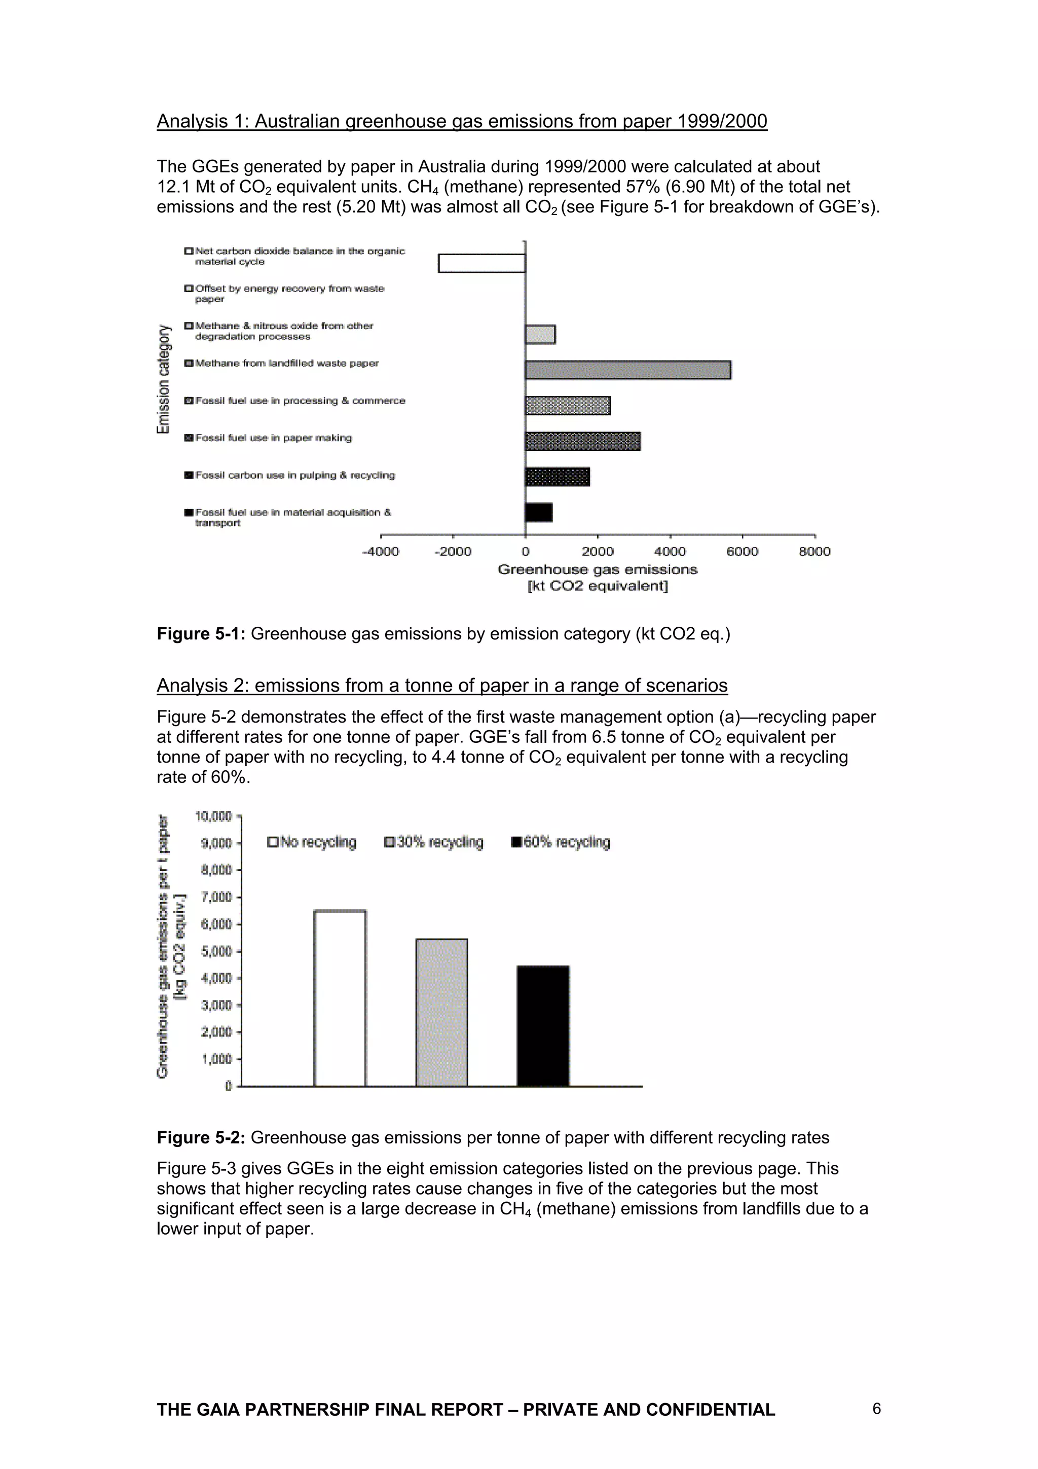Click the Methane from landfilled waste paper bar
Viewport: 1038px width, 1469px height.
[x=627, y=370]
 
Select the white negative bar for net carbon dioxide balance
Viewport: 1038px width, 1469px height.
[x=481, y=263]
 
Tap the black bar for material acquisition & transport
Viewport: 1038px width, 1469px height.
[x=538, y=513]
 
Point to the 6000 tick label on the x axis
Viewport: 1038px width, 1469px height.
[x=742, y=552]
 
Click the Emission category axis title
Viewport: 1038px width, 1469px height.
[x=164, y=379]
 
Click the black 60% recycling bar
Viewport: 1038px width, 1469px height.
[x=543, y=1026]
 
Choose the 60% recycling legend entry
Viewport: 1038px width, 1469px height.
[x=561, y=842]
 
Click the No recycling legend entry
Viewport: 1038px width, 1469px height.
[x=312, y=842]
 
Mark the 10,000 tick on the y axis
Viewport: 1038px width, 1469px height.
[x=213, y=816]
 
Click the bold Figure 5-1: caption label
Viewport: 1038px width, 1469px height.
[x=201, y=633]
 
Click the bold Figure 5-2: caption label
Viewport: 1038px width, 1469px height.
[x=201, y=1137]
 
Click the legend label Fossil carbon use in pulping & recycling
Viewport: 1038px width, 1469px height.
[x=295, y=475]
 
